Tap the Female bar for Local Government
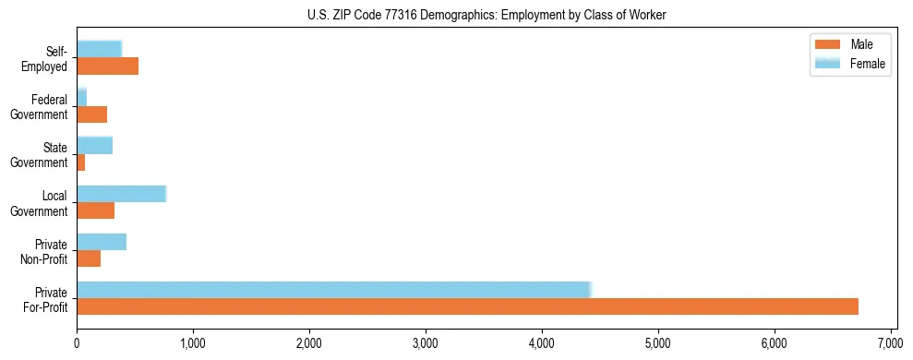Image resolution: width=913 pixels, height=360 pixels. (121, 194)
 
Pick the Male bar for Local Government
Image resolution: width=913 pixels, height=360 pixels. (96, 210)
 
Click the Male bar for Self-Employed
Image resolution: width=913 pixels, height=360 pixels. (107, 66)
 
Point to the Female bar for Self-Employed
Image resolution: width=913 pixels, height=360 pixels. (99, 49)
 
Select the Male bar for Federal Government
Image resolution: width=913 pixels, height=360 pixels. (92, 114)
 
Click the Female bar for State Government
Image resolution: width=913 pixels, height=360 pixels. (94, 145)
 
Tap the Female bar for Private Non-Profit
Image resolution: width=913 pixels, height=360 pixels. (102, 242)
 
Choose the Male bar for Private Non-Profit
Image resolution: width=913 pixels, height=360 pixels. (89, 258)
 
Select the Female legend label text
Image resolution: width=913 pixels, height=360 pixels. (868, 63)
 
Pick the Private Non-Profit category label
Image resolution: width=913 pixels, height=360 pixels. (46, 251)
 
